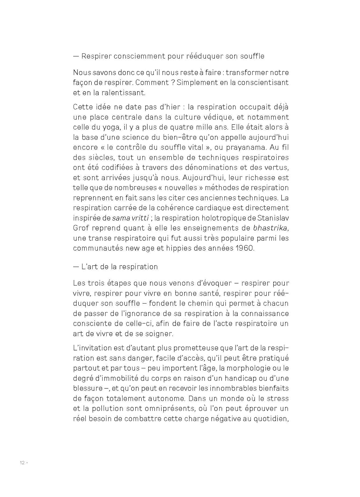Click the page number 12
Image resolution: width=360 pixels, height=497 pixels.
[22, 463]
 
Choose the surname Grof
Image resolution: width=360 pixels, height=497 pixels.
[80, 228]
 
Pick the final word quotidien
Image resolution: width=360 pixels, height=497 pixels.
[271, 419]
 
